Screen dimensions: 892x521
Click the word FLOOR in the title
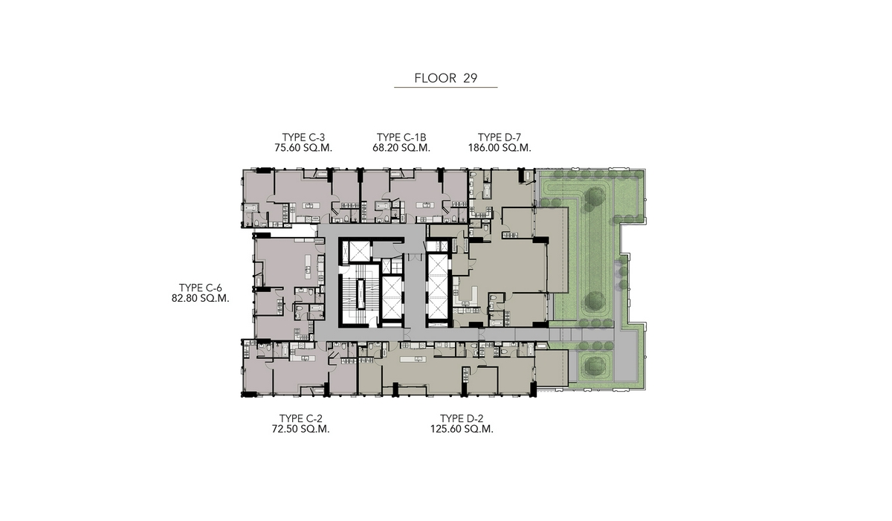pyautogui.click(x=436, y=78)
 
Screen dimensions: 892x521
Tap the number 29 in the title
pyautogui.click(x=471, y=78)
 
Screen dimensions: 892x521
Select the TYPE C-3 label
pyautogui.click(x=303, y=137)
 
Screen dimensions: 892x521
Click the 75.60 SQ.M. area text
pyautogui.click(x=303, y=148)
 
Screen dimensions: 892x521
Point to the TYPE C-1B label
pyautogui.click(x=401, y=137)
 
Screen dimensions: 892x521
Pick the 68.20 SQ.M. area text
pyautogui.click(x=401, y=148)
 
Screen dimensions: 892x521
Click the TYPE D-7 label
pyautogui.click(x=500, y=137)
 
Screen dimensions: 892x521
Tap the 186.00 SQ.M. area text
pyautogui.click(x=500, y=148)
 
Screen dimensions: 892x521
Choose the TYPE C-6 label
pyautogui.click(x=200, y=288)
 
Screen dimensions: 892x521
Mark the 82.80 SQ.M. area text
pyautogui.click(x=200, y=298)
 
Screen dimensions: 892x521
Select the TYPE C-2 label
pyautogui.click(x=300, y=418)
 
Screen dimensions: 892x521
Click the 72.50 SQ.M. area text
pyautogui.click(x=300, y=429)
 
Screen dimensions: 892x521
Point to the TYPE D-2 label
pyautogui.click(x=462, y=418)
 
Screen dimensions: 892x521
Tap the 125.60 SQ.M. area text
pyautogui.click(x=462, y=429)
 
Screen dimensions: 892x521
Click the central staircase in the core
pyautogui.click(x=361, y=294)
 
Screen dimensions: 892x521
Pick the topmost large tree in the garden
pyautogui.click(x=595, y=197)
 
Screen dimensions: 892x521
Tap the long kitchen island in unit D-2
pyautogui.click(x=413, y=360)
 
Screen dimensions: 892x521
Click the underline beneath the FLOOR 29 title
pyautogui.click(x=445, y=87)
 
